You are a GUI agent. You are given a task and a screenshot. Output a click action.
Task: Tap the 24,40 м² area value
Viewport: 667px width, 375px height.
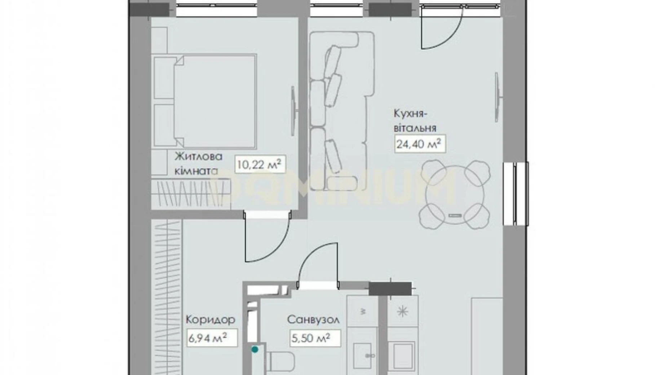coord(419,144)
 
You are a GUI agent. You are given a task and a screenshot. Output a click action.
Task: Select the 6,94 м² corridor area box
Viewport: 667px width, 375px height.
coord(212,337)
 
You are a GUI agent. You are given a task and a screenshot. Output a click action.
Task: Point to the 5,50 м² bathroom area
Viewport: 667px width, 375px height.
coord(315,337)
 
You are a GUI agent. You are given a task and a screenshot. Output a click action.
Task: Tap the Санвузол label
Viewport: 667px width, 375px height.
coord(313,319)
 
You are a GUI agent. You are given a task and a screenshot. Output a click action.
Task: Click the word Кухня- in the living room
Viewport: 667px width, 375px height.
coord(411,114)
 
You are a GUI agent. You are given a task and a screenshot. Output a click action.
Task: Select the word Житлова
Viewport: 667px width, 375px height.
coord(199,157)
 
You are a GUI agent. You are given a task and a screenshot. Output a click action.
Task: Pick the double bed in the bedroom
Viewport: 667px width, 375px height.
coord(204,101)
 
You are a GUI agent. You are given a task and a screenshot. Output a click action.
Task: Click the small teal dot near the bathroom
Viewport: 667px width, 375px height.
coord(255,349)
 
